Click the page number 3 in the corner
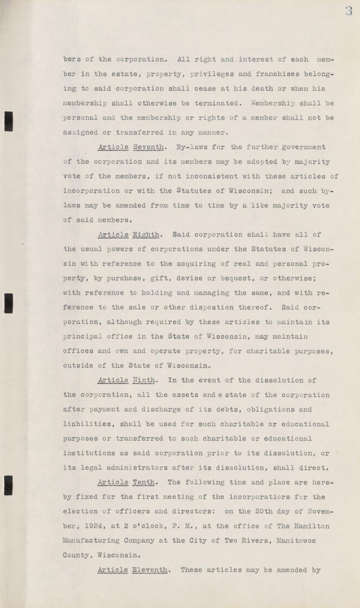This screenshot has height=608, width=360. click(349, 11)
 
